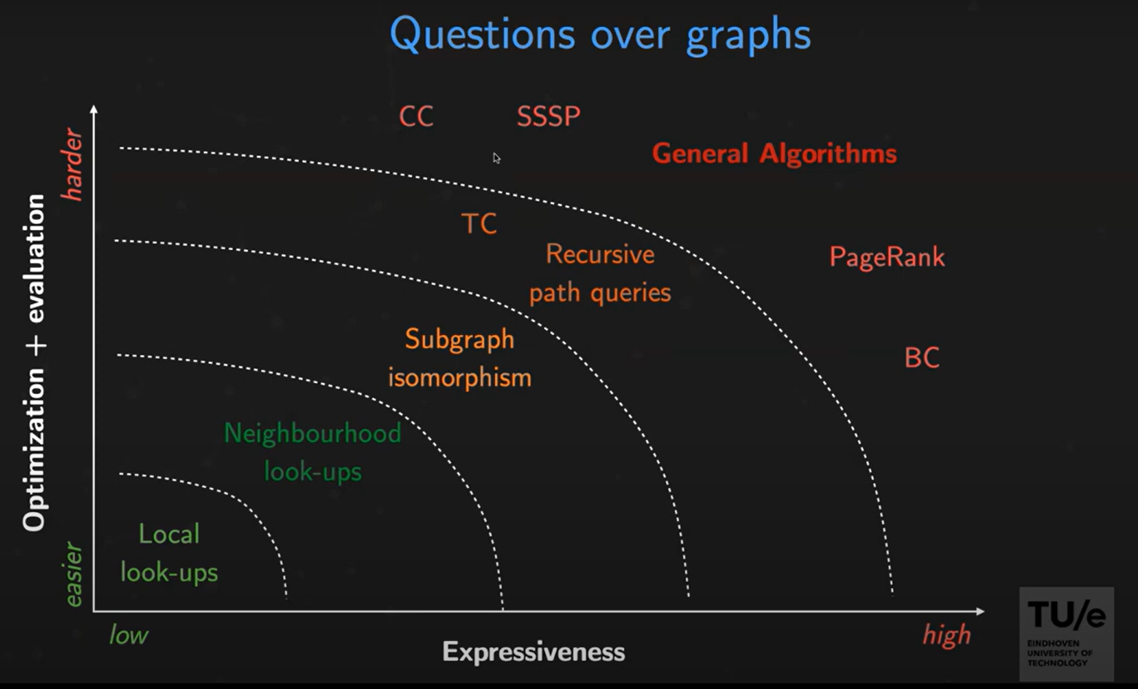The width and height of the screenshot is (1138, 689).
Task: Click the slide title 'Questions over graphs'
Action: click(600, 34)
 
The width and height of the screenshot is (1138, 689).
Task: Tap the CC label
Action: click(416, 117)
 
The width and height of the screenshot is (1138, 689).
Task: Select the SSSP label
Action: click(548, 117)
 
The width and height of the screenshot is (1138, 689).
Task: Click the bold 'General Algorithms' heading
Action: click(774, 154)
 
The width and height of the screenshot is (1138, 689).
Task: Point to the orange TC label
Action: click(478, 224)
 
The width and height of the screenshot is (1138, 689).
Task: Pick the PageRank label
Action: click(887, 257)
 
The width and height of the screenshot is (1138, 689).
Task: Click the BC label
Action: click(922, 358)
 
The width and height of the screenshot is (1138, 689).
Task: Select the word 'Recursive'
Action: click(600, 254)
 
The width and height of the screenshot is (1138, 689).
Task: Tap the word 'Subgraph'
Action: click(459, 339)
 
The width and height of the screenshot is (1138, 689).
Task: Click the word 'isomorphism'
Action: click(460, 378)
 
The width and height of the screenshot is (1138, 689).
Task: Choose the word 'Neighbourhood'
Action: click(313, 433)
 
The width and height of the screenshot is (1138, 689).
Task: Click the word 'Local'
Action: click(169, 534)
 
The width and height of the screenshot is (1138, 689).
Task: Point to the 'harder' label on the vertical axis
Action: click(72, 165)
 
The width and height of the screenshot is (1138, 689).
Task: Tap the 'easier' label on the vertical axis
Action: click(73, 574)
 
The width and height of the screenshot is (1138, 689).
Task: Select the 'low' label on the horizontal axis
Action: click(128, 635)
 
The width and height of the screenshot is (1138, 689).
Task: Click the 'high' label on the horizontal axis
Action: click(946, 635)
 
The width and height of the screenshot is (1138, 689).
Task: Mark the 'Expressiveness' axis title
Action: click(534, 652)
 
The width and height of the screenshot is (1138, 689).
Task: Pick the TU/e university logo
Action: click(1067, 634)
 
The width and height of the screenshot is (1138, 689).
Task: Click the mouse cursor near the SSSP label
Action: click(496, 159)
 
